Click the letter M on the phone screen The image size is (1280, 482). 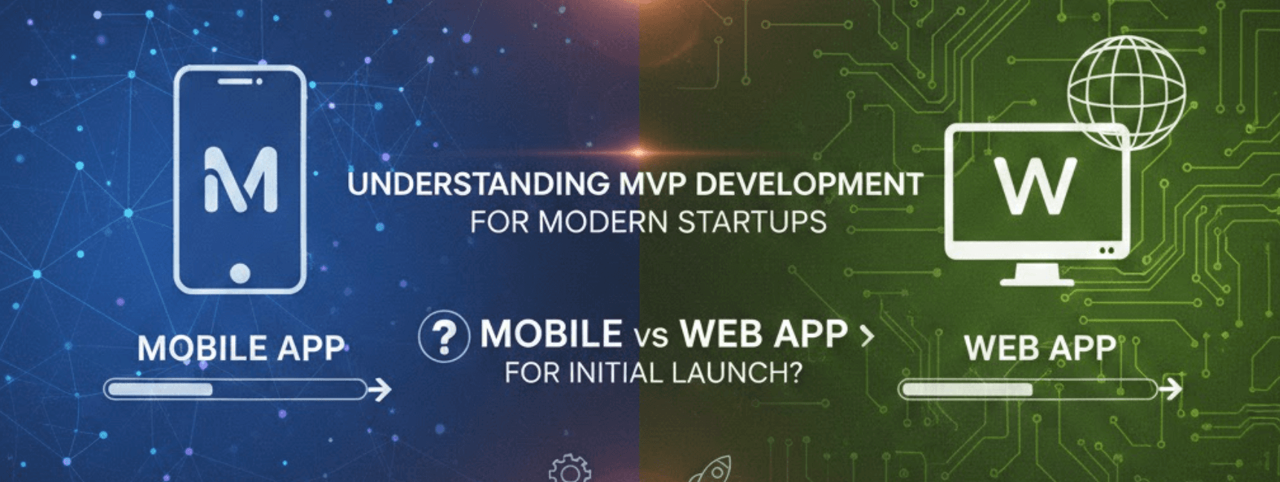pyautogui.click(x=240, y=179)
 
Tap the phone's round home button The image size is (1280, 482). pyautogui.click(x=239, y=273)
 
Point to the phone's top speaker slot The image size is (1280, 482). pyautogui.click(x=237, y=81)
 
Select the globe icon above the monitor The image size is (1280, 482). pyautogui.click(x=1126, y=91)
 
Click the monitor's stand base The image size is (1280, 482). pyautogui.click(x=1037, y=280)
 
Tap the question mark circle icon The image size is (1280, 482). pyautogui.click(x=444, y=336)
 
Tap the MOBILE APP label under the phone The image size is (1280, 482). pyautogui.click(x=241, y=348)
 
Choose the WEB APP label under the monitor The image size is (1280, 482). pyautogui.click(x=1040, y=348)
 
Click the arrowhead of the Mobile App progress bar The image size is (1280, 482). pyautogui.click(x=382, y=389)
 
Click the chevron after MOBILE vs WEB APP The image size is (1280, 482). pyautogui.click(x=866, y=337)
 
